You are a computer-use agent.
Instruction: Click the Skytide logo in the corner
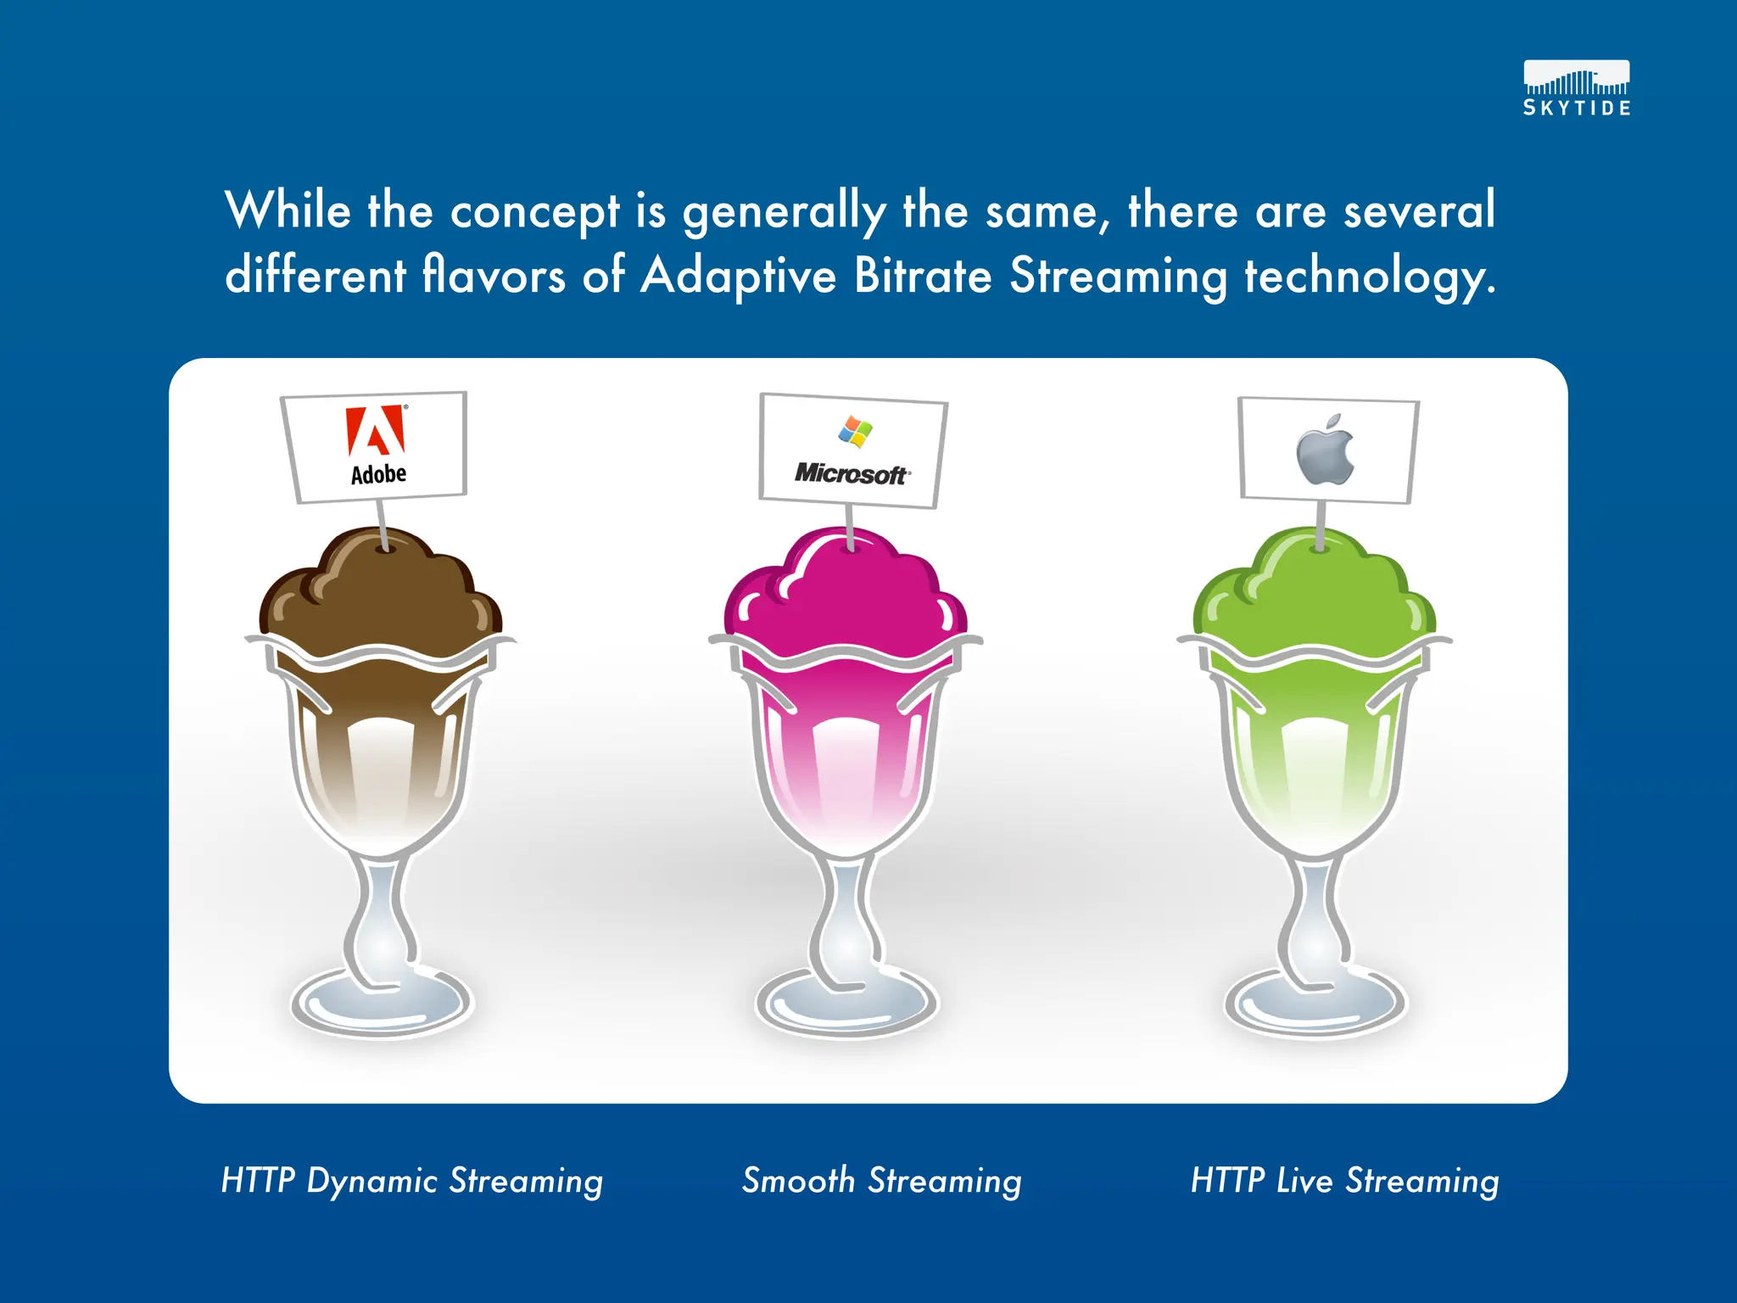coord(1576,88)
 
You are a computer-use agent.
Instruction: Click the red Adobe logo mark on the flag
coord(376,431)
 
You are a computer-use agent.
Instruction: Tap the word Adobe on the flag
coord(378,474)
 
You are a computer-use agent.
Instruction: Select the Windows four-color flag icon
coord(855,431)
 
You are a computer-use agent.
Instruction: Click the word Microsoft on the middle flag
coord(852,474)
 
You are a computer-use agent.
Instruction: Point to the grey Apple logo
coord(1326,451)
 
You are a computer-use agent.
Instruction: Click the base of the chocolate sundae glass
coord(381,1004)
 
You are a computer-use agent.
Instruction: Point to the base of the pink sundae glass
coord(846,1004)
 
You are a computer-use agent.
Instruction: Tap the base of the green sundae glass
coord(1315,1004)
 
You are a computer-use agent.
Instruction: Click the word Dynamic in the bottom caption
coord(371,1182)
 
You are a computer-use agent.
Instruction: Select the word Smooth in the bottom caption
coord(798,1181)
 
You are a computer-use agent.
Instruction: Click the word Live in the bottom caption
coord(1304,1181)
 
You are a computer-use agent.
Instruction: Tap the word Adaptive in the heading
coord(738,277)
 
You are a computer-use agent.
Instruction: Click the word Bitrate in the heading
coord(923,277)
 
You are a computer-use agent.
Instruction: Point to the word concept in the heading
coord(535,212)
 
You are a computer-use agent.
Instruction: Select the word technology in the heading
coord(1369,277)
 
